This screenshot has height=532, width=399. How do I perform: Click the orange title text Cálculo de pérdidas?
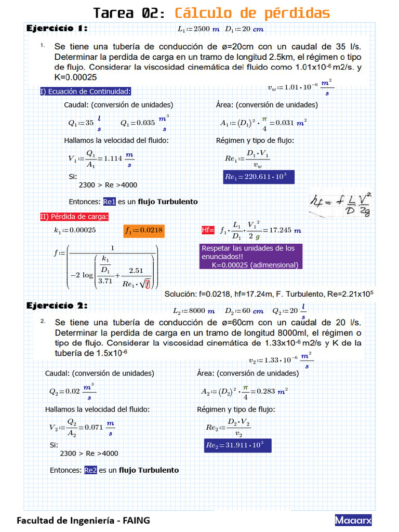pos(252,13)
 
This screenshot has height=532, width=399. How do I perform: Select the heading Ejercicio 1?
pos(57,28)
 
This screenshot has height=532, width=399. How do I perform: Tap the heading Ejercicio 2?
pos(57,305)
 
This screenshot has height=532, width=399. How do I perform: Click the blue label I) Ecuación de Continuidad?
pos(86,92)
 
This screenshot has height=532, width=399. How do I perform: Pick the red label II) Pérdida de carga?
pos(74,217)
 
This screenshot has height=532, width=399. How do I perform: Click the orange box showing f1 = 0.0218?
pos(144,230)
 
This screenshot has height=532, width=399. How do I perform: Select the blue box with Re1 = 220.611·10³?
pos(259,177)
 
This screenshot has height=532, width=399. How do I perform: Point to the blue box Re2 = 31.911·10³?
pos(237,445)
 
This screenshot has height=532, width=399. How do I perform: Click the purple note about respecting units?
pos(250,257)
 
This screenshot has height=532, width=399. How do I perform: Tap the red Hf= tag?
pos(208,230)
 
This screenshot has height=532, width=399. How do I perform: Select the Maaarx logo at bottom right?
pos(353,520)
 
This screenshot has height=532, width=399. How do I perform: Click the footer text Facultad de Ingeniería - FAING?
pos(84,520)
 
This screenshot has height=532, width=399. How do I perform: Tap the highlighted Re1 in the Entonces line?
pos(109,202)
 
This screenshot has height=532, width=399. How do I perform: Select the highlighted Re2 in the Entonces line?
pos(90,470)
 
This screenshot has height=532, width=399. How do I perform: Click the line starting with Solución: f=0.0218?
pos(269,294)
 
